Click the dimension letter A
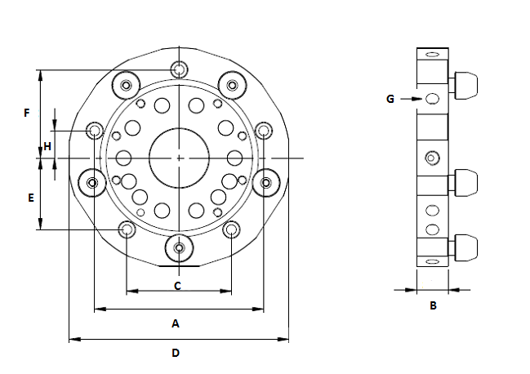tap(176, 323)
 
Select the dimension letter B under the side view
tap(433, 305)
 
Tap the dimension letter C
tap(177, 286)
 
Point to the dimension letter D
tap(176, 353)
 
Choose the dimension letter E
tap(31, 198)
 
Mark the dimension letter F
tap(27, 113)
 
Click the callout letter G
tap(390, 99)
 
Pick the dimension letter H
tap(47, 147)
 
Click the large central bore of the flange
tap(179, 158)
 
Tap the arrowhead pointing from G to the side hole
tap(418, 99)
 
